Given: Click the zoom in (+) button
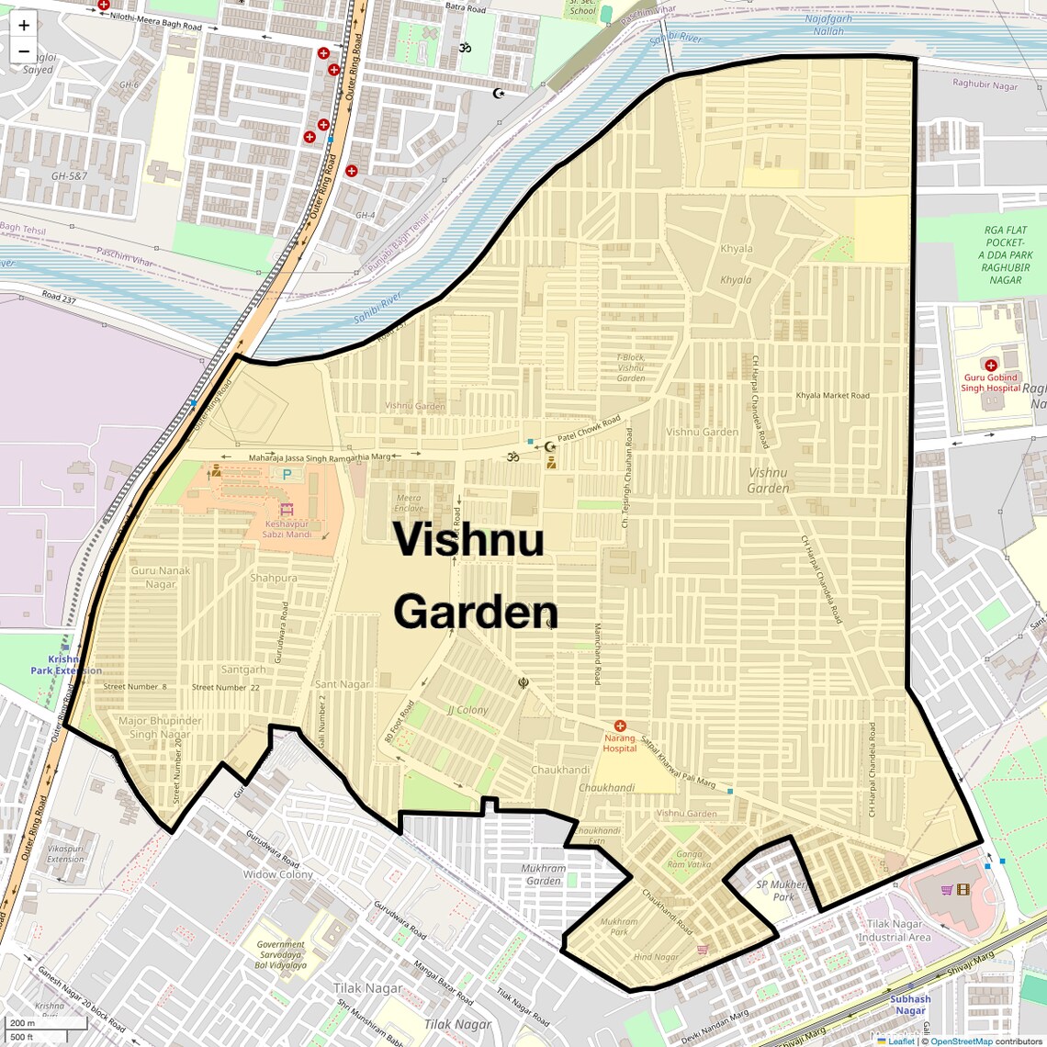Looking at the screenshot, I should (x=24, y=25).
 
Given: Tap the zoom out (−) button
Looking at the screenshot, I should (x=24, y=51).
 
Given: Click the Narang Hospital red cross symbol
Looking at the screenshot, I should (x=620, y=726).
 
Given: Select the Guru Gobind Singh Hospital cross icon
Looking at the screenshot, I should (x=990, y=366).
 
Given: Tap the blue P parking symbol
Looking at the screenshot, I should (x=287, y=475).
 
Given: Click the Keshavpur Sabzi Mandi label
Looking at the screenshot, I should (x=287, y=529).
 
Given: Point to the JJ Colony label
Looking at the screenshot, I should (x=467, y=710).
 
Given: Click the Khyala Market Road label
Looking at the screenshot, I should (x=832, y=396).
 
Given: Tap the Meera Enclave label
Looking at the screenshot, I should (x=409, y=503).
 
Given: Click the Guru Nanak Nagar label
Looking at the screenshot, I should (x=161, y=577).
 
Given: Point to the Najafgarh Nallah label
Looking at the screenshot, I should (x=828, y=25).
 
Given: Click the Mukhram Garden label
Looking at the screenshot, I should (x=544, y=874).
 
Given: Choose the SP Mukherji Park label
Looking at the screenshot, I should (x=782, y=890).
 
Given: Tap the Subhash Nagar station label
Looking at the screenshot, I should (x=910, y=1005).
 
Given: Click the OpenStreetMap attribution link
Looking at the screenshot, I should (x=962, y=1041).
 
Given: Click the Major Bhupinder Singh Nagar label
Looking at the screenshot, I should (x=160, y=727).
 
